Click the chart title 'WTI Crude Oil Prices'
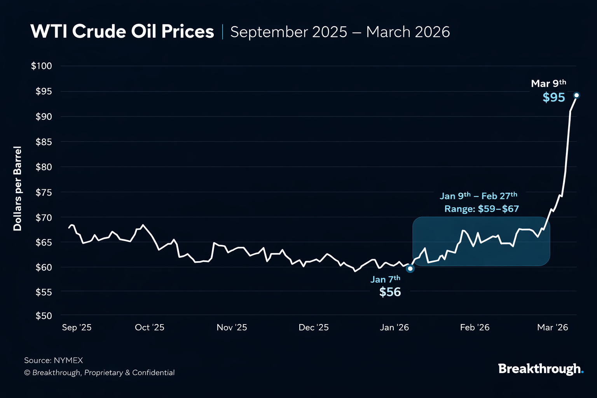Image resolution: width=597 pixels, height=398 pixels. click(122, 31)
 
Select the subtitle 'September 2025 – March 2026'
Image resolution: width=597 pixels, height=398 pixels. click(340, 32)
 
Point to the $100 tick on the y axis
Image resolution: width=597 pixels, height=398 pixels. click(42, 66)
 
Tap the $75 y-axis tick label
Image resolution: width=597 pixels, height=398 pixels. click(44, 192)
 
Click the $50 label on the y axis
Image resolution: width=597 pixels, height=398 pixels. click(44, 316)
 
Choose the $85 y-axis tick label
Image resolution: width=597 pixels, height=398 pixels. click(44, 142)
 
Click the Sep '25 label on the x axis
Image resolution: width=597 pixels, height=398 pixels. click(77, 327)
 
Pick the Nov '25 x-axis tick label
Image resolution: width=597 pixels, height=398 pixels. click(232, 327)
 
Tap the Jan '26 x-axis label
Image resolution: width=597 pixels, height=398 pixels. click(394, 327)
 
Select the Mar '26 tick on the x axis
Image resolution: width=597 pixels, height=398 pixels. click(552, 327)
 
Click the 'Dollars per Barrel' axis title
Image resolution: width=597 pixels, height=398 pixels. click(17, 189)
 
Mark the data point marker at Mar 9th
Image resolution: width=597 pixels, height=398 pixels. click(576, 95)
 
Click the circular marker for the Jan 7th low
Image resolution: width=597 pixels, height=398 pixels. click(410, 269)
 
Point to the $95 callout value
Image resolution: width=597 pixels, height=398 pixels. click(553, 97)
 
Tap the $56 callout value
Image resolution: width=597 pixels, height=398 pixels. click(390, 292)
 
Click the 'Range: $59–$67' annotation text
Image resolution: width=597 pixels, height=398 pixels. click(482, 209)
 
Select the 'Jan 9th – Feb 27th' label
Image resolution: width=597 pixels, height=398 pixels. click(478, 196)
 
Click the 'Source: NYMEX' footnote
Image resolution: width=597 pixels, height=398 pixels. click(54, 360)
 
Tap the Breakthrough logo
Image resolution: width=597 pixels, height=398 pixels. click(541, 368)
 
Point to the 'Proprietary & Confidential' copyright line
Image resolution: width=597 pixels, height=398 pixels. click(99, 372)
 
